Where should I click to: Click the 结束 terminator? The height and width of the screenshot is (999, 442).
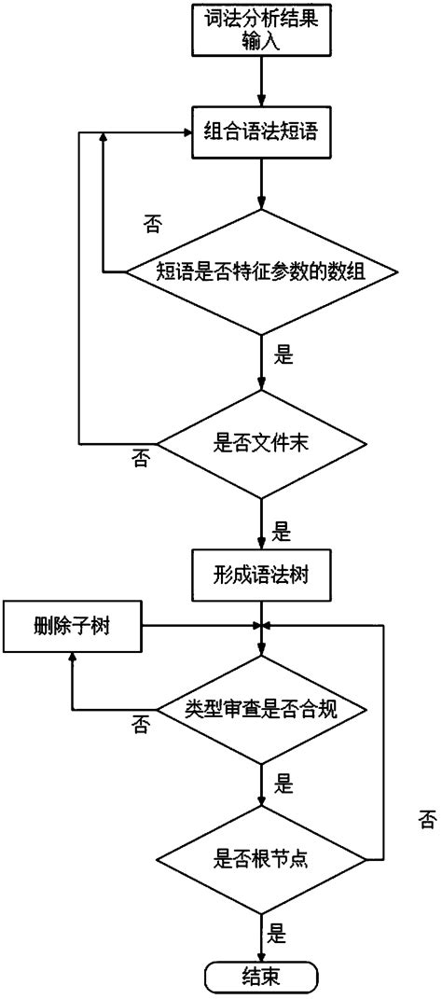(261, 977)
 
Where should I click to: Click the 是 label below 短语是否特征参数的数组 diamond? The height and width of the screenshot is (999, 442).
(283, 354)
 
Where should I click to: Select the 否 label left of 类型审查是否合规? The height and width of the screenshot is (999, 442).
(141, 725)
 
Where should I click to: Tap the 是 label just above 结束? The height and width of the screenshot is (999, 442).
(277, 930)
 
